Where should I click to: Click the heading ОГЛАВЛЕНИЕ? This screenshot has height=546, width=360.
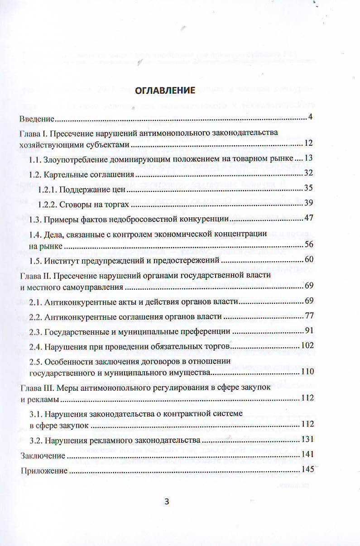pyautogui.click(x=165, y=90)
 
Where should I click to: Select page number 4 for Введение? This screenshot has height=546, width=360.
pyautogui.click(x=311, y=118)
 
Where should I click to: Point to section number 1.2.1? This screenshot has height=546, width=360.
pyautogui.click(x=47, y=188)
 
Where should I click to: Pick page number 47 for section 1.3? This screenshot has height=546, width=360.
pyautogui.click(x=309, y=219)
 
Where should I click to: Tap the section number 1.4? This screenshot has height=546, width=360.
pyautogui.click(x=36, y=234)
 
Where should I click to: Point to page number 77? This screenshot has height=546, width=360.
pyautogui.click(x=309, y=316)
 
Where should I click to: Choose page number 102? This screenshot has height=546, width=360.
pyautogui.click(x=307, y=346)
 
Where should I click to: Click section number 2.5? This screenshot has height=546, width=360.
pyautogui.click(x=36, y=361)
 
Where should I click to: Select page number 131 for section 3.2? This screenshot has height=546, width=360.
pyautogui.click(x=307, y=440)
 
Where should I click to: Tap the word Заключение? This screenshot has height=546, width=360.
pyautogui.click(x=40, y=455)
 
